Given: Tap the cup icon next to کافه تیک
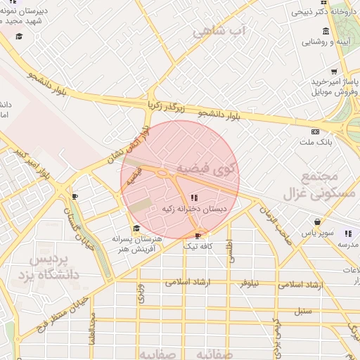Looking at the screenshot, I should [x=198, y=236].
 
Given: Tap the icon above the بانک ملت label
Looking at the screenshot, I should [x=314, y=131].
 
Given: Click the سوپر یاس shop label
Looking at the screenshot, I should [x=316, y=231].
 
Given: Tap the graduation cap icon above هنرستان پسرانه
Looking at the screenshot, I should [x=136, y=228].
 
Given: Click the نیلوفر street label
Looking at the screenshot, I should [x=246, y=283].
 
